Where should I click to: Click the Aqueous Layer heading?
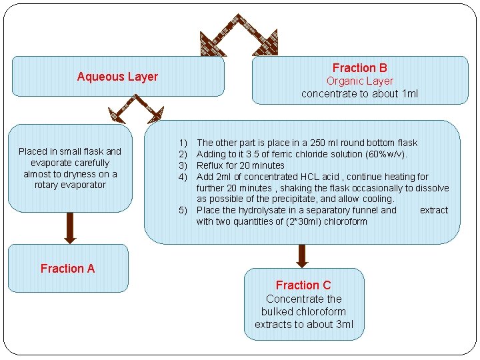point(117,77)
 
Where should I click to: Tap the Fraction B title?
point(359,68)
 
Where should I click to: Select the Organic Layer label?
point(359,81)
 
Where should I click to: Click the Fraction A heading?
point(67,269)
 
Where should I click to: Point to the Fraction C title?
point(303,285)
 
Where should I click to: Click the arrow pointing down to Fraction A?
point(69,227)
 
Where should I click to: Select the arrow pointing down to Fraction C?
point(302,255)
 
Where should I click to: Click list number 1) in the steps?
point(183,143)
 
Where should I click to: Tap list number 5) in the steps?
point(183,211)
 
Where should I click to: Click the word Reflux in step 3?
point(211,165)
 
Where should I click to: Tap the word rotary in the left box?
point(47,185)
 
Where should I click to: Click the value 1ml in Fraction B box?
point(409,94)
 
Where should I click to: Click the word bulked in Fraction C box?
point(276,312)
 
